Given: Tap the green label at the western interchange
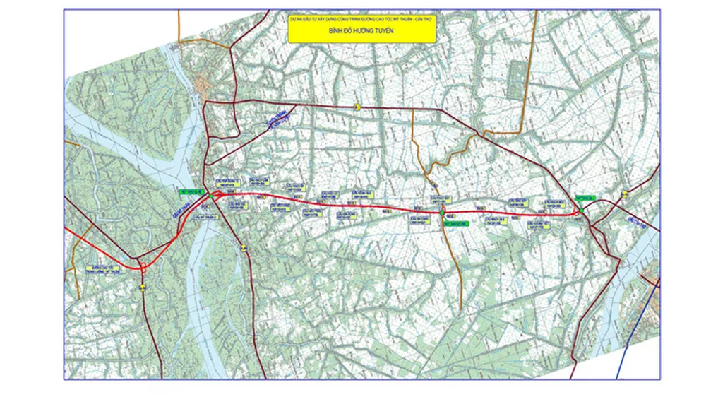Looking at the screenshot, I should (193, 191).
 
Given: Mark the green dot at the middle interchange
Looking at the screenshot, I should (441, 213).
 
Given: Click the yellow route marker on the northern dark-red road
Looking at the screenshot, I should (357, 107).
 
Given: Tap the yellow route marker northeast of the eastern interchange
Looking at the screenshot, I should (624, 194).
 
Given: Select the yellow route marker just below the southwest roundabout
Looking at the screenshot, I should (143, 287).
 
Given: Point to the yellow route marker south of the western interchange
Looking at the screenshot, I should (244, 247).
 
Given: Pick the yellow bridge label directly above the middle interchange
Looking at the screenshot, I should (441, 200).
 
